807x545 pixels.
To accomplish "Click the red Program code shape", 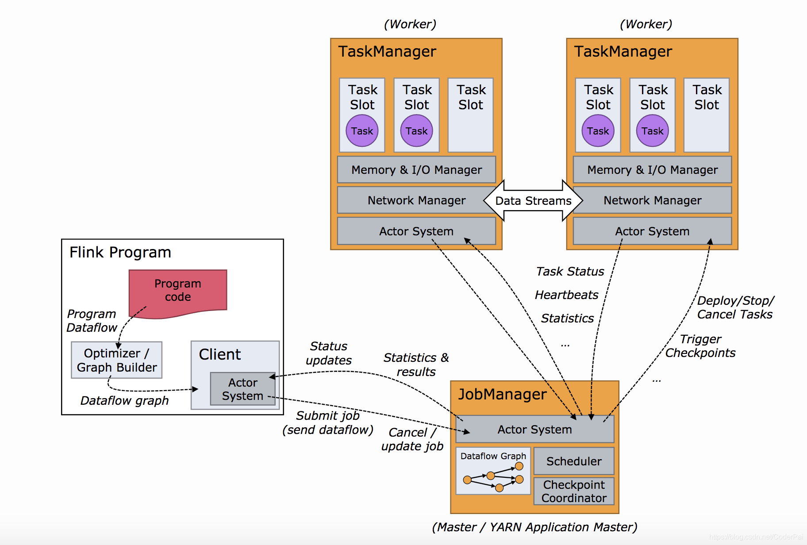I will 178,291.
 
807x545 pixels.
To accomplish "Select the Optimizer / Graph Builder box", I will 116,360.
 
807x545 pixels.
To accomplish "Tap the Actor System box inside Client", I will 242,389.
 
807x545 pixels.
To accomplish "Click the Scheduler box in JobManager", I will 574,461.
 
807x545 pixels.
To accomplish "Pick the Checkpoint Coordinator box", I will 574,491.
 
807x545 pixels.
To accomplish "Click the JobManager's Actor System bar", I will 534,429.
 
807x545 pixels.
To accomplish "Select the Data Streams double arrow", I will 533,201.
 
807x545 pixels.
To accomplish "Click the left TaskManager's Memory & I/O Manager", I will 416,170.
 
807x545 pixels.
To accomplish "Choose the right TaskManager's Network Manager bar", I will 652,200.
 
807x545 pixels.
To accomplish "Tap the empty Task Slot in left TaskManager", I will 471,115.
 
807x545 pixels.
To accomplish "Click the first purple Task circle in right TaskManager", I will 598,130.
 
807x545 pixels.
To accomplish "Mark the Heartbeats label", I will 566,295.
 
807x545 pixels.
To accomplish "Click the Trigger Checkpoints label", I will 700,346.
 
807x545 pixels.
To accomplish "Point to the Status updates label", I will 329,353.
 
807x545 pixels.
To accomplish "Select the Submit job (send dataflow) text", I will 328,422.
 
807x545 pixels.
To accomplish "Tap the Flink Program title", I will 120,252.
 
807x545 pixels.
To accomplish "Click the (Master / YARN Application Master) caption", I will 534,527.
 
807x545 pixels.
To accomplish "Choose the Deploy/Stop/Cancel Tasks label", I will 735,307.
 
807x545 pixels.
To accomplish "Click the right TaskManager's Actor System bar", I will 652,231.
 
